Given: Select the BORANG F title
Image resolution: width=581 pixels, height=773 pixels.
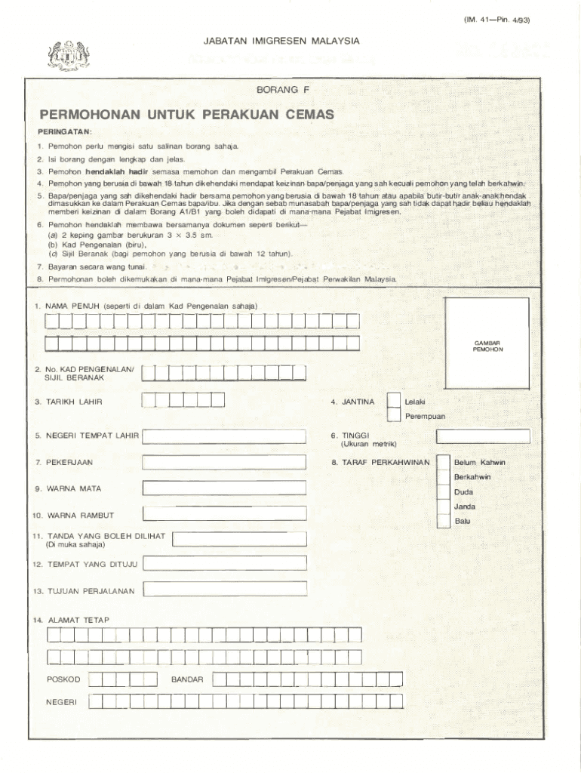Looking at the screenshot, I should click(283, 89).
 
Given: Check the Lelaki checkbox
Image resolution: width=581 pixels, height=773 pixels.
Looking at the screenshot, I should click(393, 401).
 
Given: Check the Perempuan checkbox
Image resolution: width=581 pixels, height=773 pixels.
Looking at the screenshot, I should click(393, 414).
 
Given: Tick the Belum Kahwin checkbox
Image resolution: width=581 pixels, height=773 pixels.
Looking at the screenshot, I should click(443, 461).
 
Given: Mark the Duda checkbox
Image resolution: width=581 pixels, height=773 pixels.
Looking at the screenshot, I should click(443, 491).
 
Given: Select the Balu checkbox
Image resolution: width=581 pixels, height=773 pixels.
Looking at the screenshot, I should click(443, 521).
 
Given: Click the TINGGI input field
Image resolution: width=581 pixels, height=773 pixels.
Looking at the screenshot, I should click(483, 436).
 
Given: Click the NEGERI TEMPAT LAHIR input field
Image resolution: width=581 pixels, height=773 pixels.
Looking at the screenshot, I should click(225, 436).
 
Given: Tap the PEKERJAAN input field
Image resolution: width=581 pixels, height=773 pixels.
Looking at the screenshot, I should click(225, 461).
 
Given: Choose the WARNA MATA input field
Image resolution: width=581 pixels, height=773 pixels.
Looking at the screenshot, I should click(225, 488).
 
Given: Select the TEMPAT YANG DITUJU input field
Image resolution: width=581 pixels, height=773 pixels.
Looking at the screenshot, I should click(225, 563).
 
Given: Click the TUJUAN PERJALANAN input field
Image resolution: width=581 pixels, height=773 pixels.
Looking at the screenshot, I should click(225, 589).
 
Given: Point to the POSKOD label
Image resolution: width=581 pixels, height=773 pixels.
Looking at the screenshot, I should click(63, 679).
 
